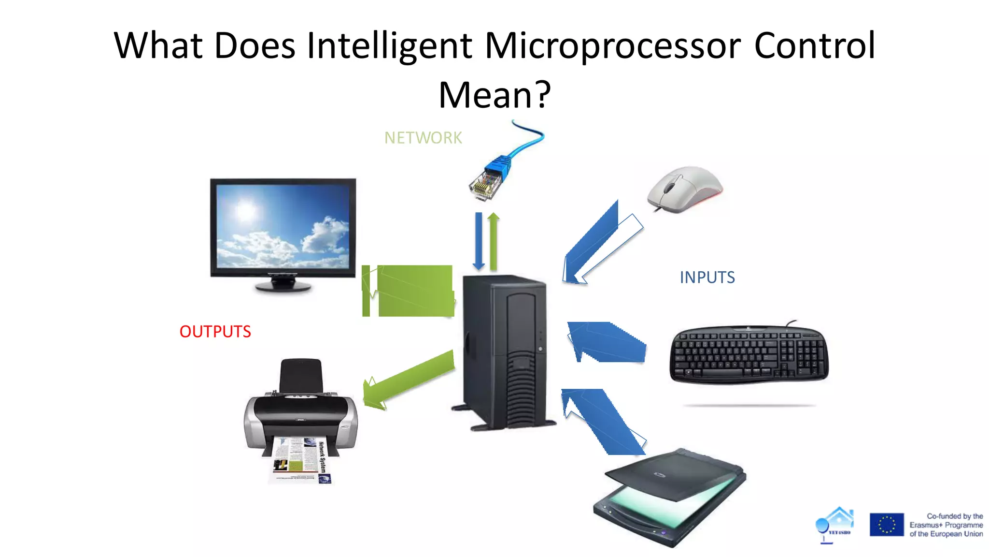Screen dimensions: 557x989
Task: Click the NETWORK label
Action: (x=423, y=138)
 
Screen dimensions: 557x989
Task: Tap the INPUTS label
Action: (x=707, y=278)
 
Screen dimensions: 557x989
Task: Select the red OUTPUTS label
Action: (x=215, y=332)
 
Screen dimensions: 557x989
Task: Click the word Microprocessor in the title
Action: (x=612, y=45)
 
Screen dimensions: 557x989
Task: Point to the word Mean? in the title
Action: (x=494, y=95)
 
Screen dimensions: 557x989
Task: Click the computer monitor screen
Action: (x=283, y=226)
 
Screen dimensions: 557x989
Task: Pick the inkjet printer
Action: (x=300, y=411)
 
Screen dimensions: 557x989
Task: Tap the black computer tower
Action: (x=505, y=351)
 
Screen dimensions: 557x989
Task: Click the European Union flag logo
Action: (x=886, y=525)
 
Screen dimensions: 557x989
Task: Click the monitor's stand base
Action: (x=283, y=286)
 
